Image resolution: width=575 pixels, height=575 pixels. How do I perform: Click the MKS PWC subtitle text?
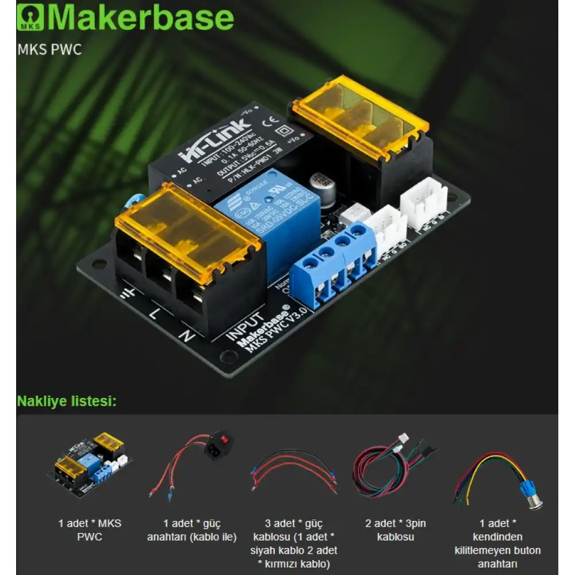pos(49,49)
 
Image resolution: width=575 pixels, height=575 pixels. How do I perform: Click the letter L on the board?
pos(154,315)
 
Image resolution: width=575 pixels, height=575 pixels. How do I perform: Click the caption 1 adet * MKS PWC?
pos(90,530)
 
